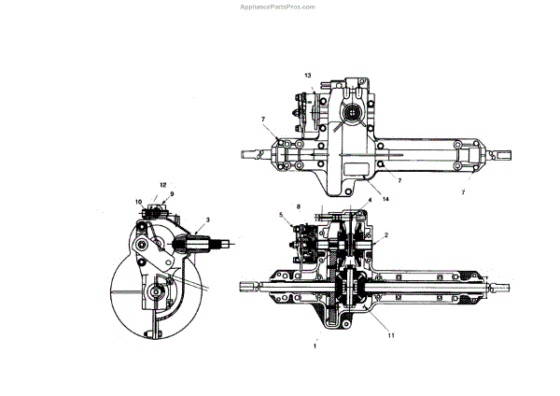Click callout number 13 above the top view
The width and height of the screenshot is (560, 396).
(307, 74)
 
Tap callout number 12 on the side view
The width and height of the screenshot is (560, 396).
(161, 185)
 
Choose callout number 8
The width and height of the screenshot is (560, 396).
(298, 205)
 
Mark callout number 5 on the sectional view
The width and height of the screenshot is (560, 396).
(281, 216)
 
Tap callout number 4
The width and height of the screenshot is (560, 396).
(370, 201)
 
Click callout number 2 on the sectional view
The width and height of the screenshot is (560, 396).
(386, 235)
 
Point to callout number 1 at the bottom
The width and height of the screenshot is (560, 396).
(315, 345)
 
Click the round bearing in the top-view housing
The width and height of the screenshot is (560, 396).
(355, 116)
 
